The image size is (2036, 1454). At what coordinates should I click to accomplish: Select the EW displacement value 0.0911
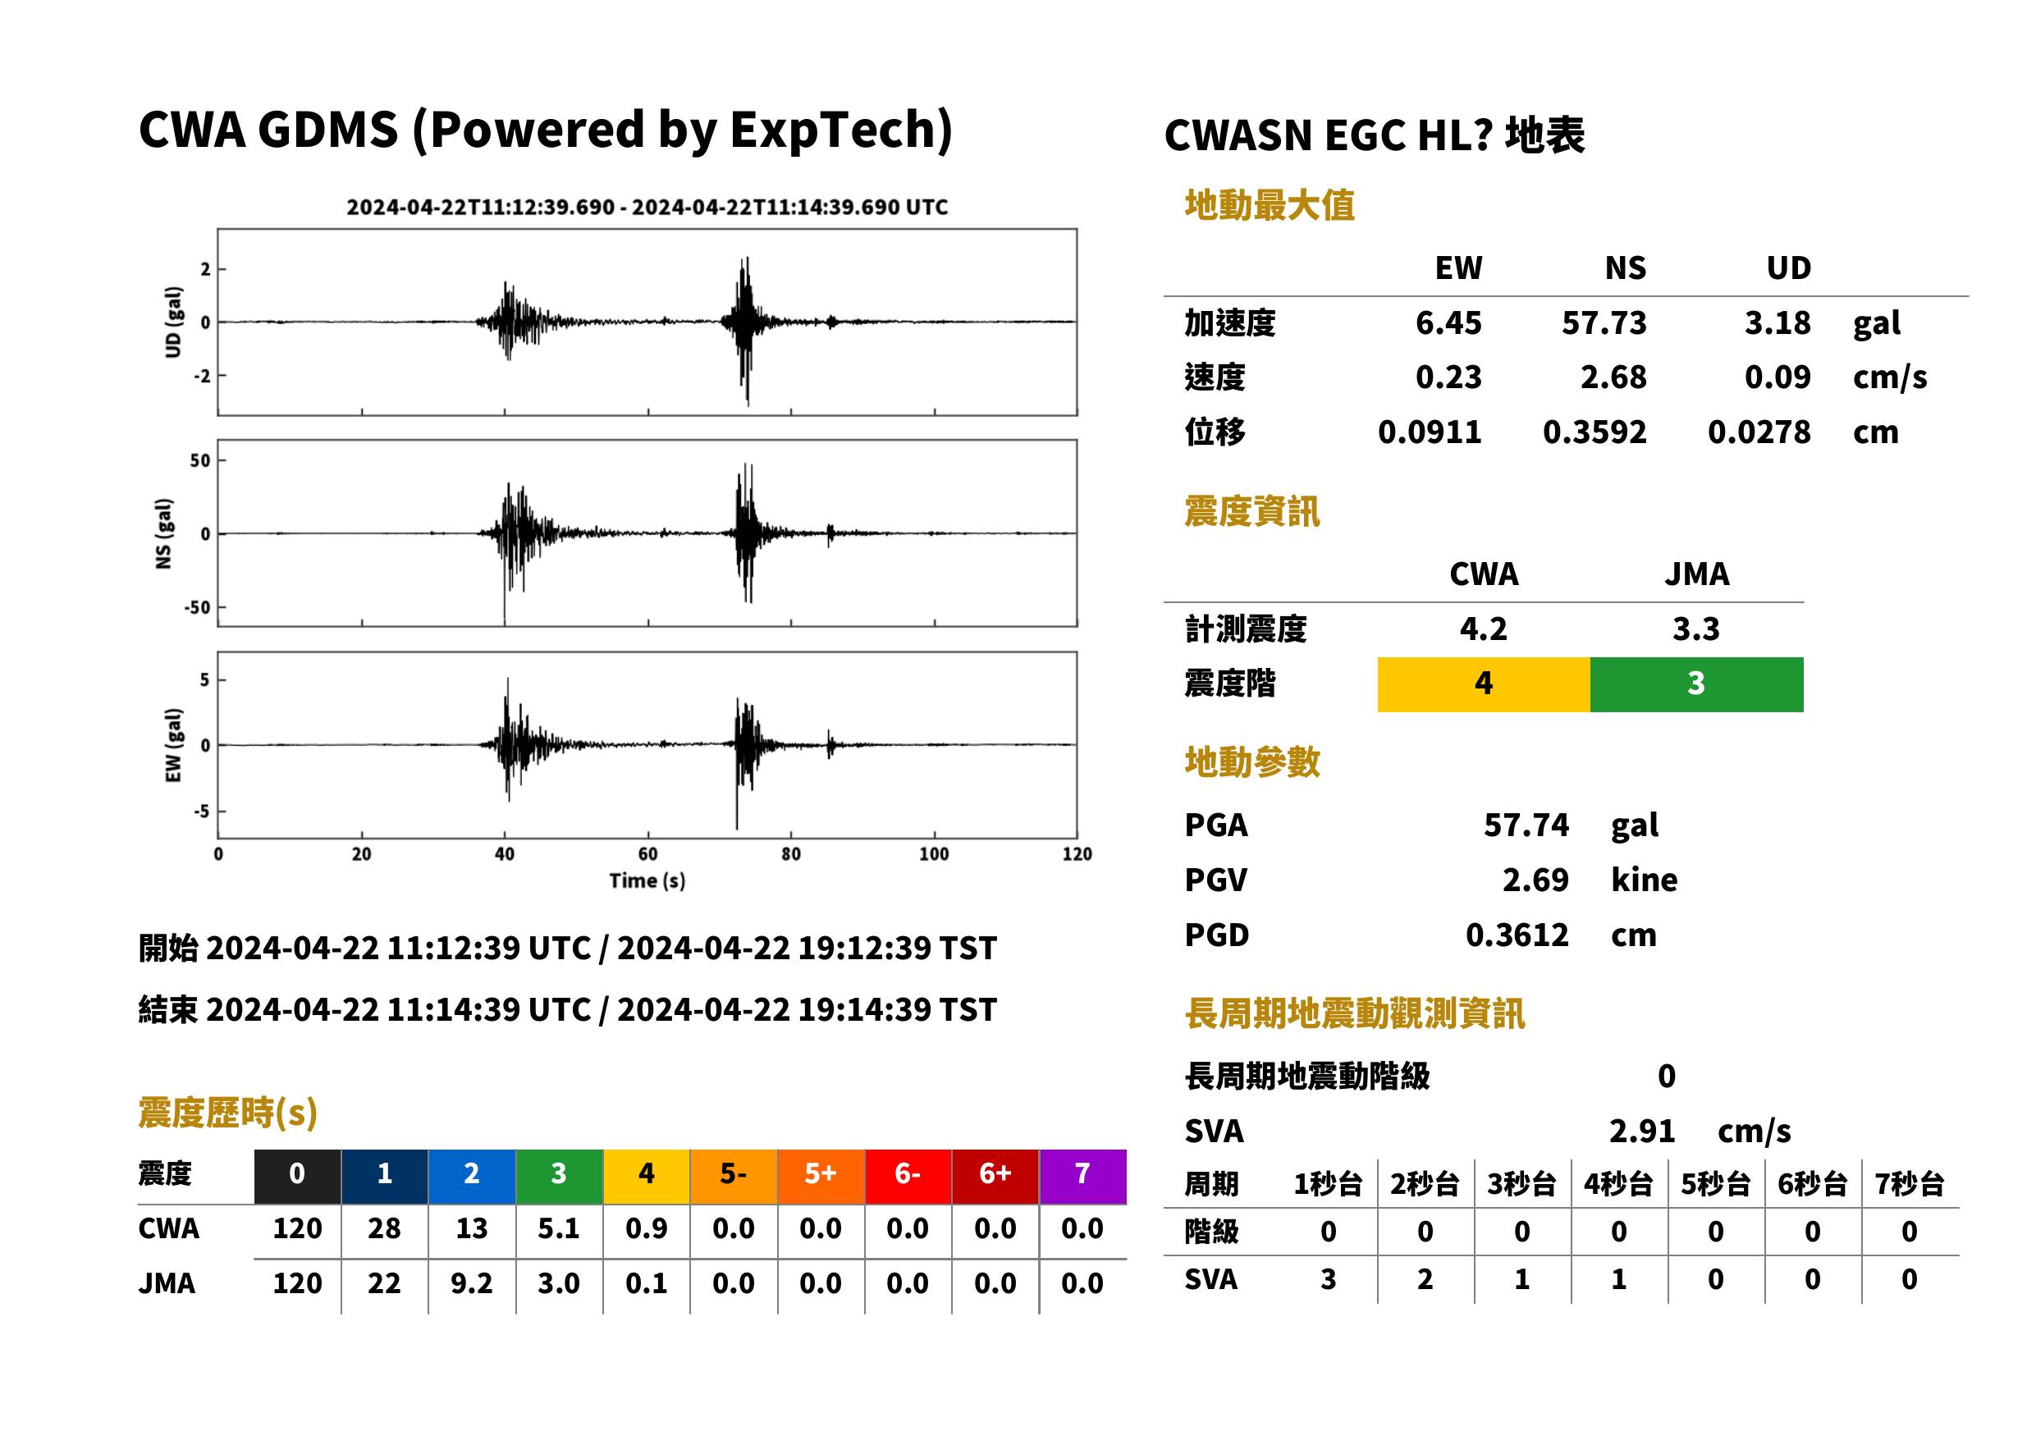pyautogui.click(x=1429, y=432)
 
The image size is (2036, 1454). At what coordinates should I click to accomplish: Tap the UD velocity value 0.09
pyautogui.click(x=1777, y=377)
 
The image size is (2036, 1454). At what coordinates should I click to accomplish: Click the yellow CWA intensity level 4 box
pyautogui.click(x=1483, y=684)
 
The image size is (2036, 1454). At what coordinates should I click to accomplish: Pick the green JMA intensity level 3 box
pyautogui.click(x=1695, y=684)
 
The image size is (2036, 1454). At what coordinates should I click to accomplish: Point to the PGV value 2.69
pyautogui.click(x=1535, y=880)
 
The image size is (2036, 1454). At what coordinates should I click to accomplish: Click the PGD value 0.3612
pyautogui.click(x=1517, y=935)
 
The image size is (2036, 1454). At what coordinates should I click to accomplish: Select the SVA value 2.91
pyautogui.click(x=1641, y=1132)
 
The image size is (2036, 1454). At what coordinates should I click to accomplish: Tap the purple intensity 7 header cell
pyautogui.click(x=1082, y=1176)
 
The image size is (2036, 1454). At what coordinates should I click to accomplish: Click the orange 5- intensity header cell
pyautogui.click(x=734, y=1176)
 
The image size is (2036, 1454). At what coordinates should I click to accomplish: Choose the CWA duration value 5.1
pyautogui.click(x=559, y=1229)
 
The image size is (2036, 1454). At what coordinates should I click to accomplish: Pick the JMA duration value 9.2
pyautogui.click(x=472, y=1284)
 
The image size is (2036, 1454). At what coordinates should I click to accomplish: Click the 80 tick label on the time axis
pyautogui.click(x=790, y=854)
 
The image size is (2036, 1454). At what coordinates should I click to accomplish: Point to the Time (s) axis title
pyautogui.click(x=647, y=881)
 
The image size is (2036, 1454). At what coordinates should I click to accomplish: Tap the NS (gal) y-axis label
pyautogui.click(x=163, y=533)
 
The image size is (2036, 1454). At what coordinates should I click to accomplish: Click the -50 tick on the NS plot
pyautogui.click(x=198, y=608)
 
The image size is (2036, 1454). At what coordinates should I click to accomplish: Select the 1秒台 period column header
pyautogui.click(x=1328, y=1185)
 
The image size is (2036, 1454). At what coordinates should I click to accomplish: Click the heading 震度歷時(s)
pyautogui.click(x=228, y=1113)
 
